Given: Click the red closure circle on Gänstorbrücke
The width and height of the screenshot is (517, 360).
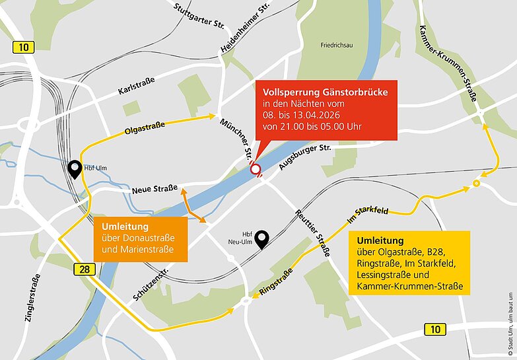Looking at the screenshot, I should (x=255, y=170).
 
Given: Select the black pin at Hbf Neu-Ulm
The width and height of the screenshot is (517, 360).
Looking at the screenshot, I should (x=263, y=239).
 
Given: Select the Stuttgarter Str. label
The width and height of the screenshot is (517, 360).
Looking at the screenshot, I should (x=201, y=18).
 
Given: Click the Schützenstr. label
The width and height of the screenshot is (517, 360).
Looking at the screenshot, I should (x=151, y=280).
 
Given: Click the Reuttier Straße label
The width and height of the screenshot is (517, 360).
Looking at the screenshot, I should (x=312, y=234).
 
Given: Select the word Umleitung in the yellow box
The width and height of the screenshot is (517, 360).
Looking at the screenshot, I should (x=380, y=240).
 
